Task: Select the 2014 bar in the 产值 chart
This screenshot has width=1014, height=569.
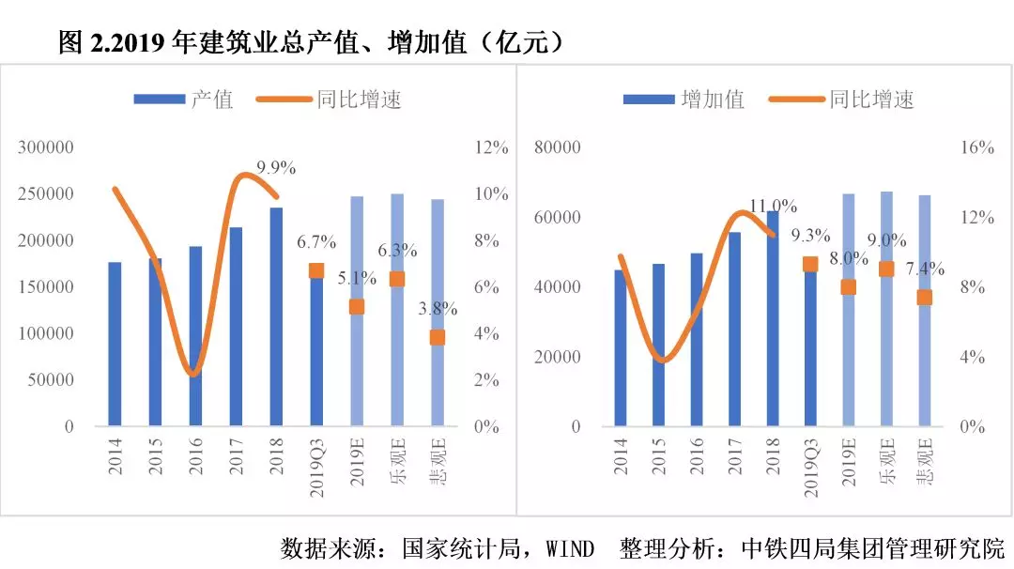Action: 115,344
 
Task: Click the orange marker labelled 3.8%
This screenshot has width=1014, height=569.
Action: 438,337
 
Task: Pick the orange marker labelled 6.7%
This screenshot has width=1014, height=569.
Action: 316,270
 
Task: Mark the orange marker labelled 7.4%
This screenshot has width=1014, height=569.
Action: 925,298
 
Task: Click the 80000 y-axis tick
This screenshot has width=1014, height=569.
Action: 558,147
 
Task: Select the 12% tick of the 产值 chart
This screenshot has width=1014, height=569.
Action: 492,147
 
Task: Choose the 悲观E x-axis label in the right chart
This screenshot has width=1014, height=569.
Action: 925,460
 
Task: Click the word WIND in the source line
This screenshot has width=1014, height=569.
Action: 570,548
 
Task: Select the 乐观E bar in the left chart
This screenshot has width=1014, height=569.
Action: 397,310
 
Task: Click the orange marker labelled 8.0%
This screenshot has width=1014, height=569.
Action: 849,287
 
